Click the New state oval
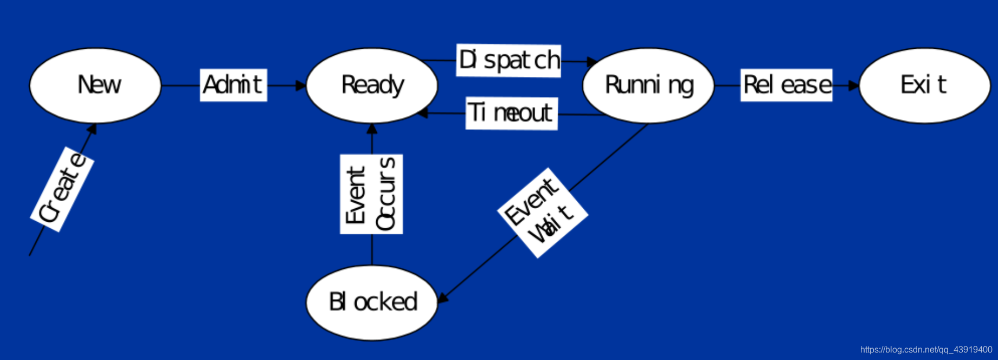[95, 85]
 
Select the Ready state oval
[372, 85]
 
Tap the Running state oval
[648, 85]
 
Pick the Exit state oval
[924, 85]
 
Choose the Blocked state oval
[372, 302]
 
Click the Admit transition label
[233, 85]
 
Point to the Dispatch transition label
[508, 60]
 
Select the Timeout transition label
[512, 113]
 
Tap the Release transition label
[787, 85]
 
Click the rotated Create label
[62, 189]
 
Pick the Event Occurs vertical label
[371, 194]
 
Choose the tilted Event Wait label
[543, 213]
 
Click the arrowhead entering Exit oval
[854, 86]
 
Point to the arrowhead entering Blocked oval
[442, 298]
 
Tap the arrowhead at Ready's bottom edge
[372, 129]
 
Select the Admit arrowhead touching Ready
[300, 86]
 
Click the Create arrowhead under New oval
[93, 128]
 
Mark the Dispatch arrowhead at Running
[592, 62]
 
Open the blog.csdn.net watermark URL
[926, 350]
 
